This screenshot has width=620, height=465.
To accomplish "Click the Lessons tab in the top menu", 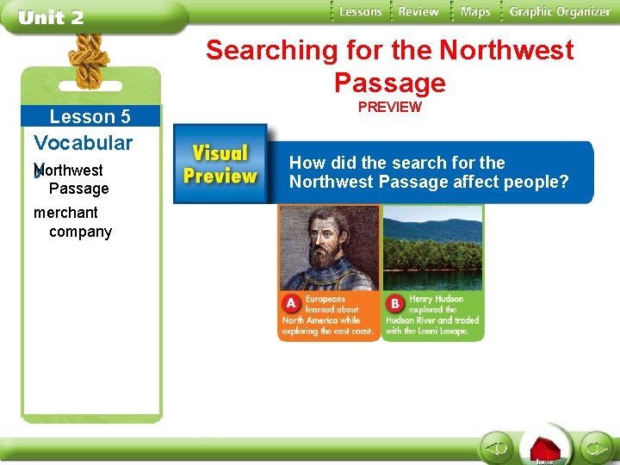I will coord(360,11).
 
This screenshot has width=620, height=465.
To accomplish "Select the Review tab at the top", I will coord(418,11).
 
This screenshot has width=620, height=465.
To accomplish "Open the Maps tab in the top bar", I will coord(474,11).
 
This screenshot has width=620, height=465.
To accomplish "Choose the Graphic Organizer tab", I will coord(559,11).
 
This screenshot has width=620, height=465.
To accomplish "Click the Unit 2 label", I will coord(51,17).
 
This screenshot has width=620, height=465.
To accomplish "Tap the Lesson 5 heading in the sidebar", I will coord(90,116).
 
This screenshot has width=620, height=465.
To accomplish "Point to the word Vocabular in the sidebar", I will coord(83,142).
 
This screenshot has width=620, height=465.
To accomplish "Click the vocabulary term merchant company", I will coord(72,222).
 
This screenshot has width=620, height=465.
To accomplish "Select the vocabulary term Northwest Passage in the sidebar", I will coord(73,179).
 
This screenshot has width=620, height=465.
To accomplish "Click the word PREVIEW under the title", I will coord(389,108).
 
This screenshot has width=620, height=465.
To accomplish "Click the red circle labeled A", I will coord(290,304).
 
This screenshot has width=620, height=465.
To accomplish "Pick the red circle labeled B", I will coord(395,304).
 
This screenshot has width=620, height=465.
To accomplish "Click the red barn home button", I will coord(544,449).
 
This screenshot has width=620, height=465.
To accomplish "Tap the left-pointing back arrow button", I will coord(496,448).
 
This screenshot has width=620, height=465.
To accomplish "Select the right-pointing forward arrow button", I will coord(595,448).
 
